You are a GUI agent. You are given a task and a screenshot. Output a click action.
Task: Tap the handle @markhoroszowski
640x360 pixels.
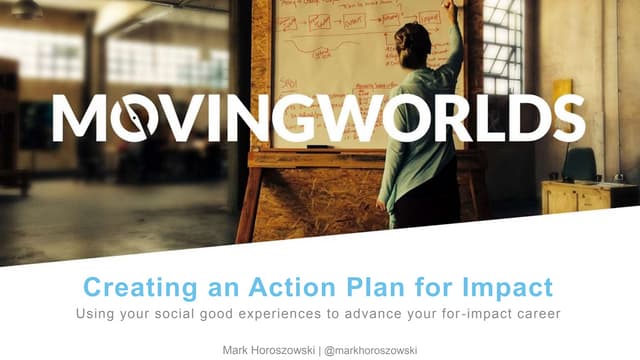[x=382, y=349]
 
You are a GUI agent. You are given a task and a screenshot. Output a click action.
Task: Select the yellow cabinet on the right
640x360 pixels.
[x=576, y=196]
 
